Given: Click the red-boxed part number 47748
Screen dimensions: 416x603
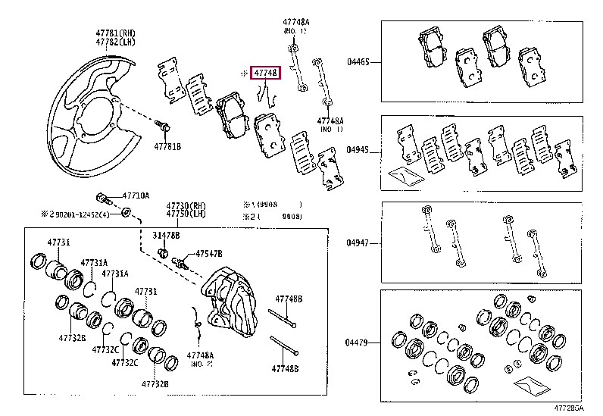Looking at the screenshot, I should point(267,73).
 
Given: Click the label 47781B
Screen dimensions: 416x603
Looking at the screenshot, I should point(168,145).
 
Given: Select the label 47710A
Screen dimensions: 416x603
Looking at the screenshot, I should point(136,195).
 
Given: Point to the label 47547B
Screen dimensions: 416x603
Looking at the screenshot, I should point(209,254).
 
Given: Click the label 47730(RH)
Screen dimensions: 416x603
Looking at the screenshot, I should point(187,205).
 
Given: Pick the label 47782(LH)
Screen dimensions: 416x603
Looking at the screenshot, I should point(115,42).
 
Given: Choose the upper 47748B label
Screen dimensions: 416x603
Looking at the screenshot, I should point(288,299).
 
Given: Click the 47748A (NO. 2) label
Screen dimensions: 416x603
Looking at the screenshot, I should point(201,358).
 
